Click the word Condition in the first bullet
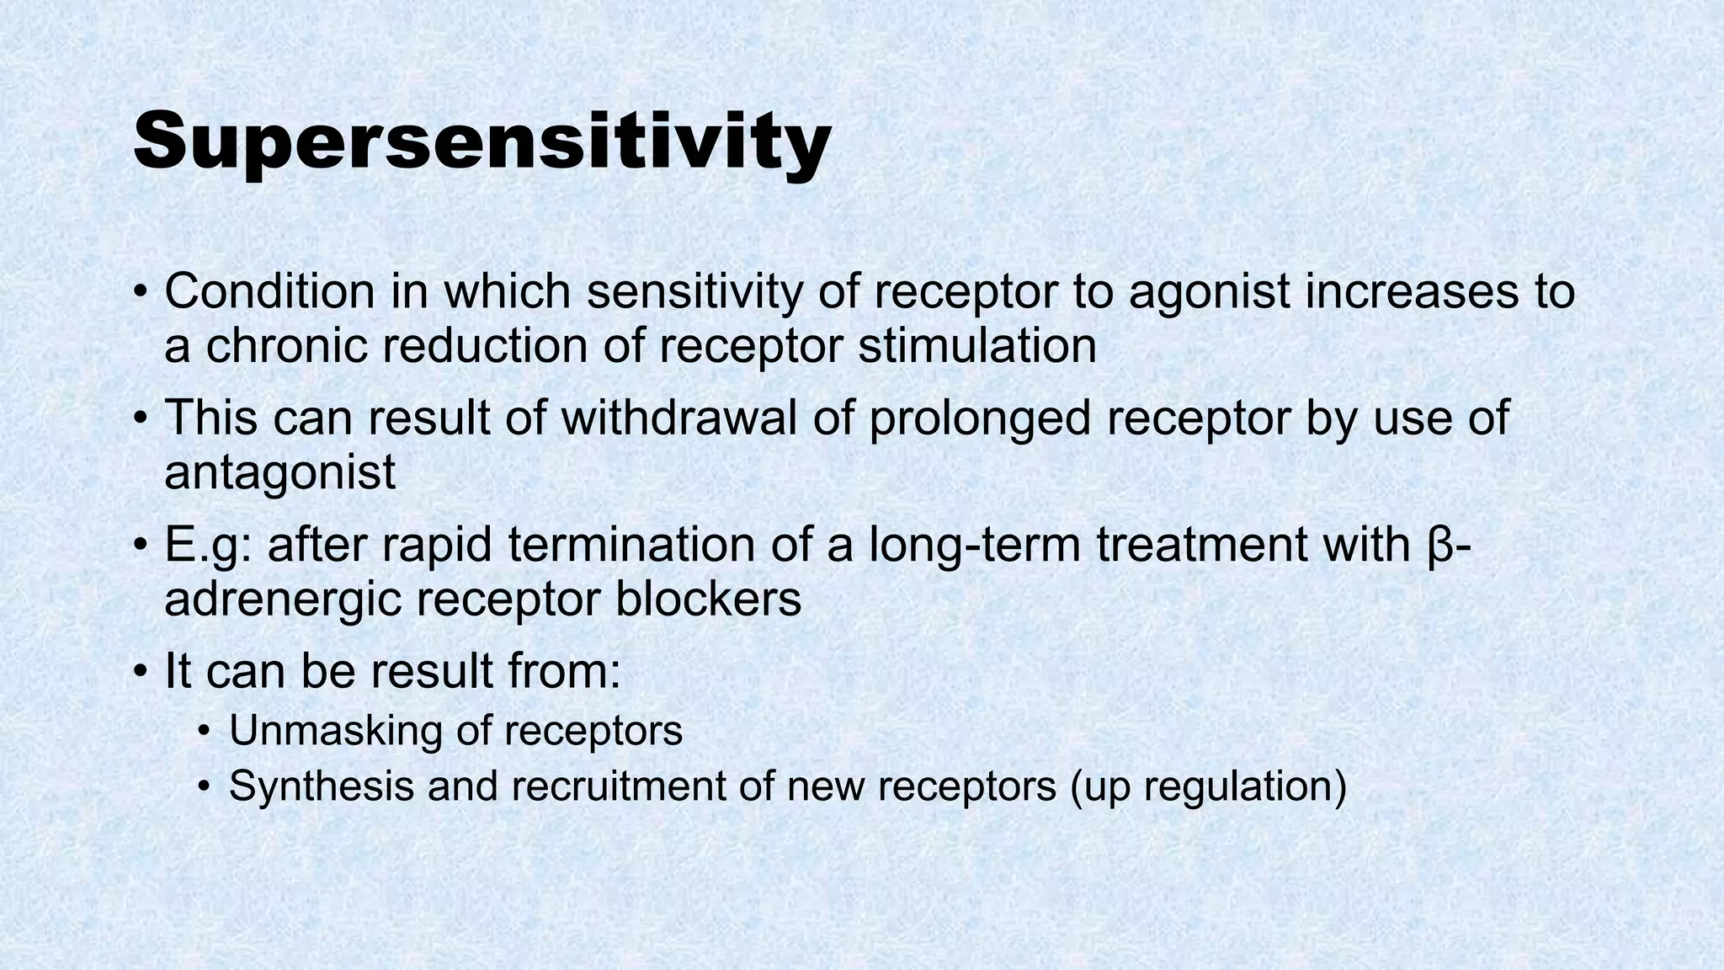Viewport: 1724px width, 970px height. click(269, 291)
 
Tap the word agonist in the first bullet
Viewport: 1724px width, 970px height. click(1209, 291)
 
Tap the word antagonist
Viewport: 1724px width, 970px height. click(279, 472)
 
